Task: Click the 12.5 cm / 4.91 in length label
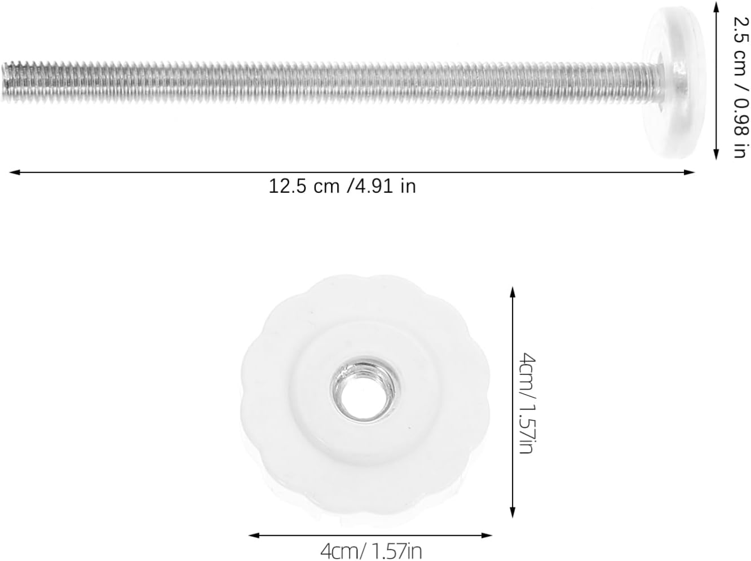pyautogui.click(x=342, y=187)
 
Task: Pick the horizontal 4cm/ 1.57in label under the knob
pyautogui.click(x=371, y=551)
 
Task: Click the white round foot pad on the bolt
pyautogui.click(x=673, y=82)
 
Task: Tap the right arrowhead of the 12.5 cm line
pyautogui.click(x=690, y=173)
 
